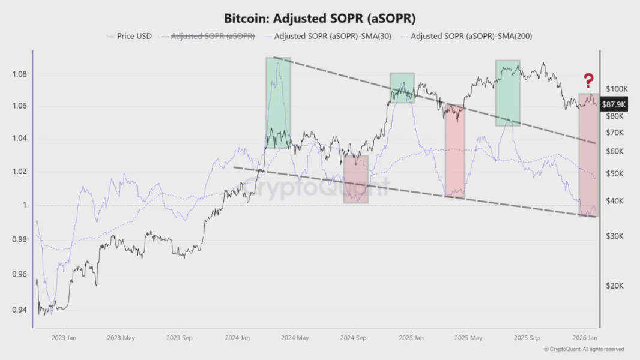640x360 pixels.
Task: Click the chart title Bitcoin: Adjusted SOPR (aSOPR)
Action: coord(319,17)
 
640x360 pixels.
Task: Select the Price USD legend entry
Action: coord(130,36)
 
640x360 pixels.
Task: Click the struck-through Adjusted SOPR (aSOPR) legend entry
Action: coord(208,36)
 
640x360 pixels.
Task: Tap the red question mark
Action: coord(588,80)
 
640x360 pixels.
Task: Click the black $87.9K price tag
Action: coord(613,103)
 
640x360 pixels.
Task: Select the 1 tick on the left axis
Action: coord(25,205)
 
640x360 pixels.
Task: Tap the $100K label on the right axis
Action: coord(616,89)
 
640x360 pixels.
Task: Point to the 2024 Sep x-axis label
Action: coord(354,338)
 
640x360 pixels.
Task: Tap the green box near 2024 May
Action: coord(278,103)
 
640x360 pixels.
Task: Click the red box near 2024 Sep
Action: coord(355,179)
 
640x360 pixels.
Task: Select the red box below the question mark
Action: coord(587,155)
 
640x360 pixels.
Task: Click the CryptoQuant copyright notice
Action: coord(584,349)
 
